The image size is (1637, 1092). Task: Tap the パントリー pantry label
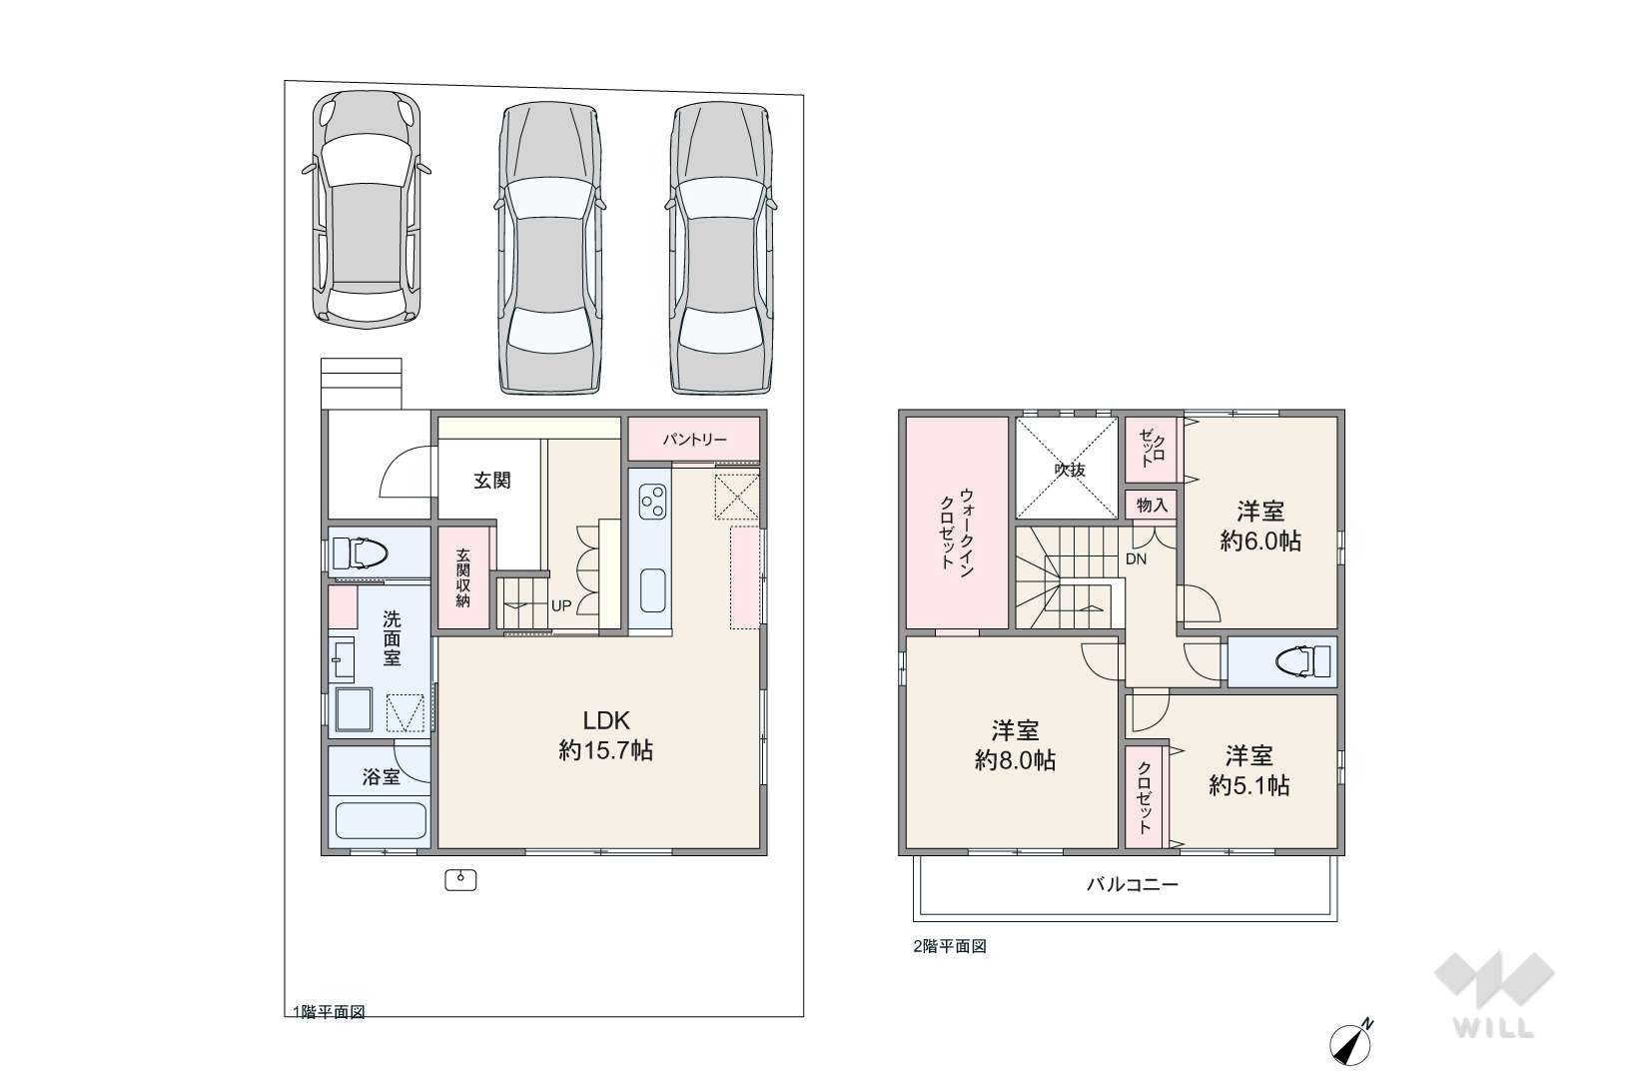point(694,440)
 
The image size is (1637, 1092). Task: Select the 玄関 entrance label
point(491,481)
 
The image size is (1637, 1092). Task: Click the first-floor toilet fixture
point(359,553)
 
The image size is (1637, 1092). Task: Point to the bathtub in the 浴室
point(380,820)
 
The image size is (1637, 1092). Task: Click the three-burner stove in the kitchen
point(652,502)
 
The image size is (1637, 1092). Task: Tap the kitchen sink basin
point(652,590)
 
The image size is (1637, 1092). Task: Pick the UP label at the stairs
point(561,605)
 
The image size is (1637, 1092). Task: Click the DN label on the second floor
point(1136,559)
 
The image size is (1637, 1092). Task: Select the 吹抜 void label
point(1069,470)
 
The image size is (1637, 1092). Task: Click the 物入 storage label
point(1153,506)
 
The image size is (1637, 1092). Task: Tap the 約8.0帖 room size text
point(1015,760)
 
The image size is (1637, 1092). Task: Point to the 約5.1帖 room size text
point(1248,785)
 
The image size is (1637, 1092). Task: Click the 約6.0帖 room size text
point(1260,541)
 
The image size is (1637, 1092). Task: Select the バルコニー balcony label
point(1132,884)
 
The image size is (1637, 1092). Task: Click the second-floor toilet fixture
point(1303,661)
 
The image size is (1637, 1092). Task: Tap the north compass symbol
point(1350,1043)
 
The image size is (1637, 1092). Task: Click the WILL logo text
point(1493,1027)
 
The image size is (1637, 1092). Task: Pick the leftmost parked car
point(367,209)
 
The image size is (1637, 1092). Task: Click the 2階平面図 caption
point(950,946)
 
